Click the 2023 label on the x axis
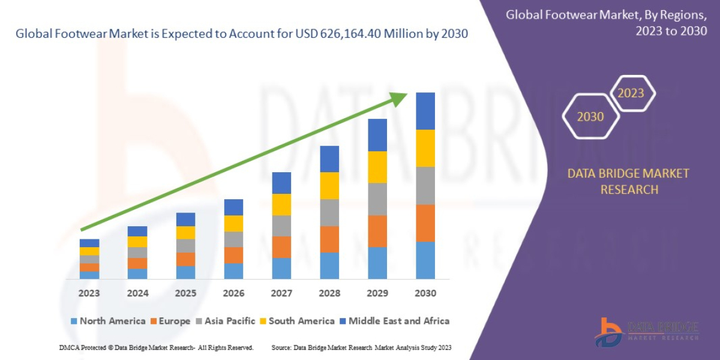pyautogui.click(x=89, y=293)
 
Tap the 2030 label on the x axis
pyautogui.click(x=425, y=293)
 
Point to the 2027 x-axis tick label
pyautogui.click(x=281, y=293)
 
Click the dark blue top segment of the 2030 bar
pyautogui.click(x=425, y=111)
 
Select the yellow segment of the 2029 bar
pyautogui.click(x=377, y=167)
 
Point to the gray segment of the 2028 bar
pyautogui.click(x=329, y=212)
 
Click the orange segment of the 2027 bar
pyautogui.click(x=281, y=247)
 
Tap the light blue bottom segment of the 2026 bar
pyautogui.click(x=233, y=271)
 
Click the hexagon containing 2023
pyautogui.click(x=631, y=93)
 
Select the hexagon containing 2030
pyautogui.click(x=590, y=116)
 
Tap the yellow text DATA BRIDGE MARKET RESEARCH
pyautogui.click(x=629, y=181)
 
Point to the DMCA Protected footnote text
pyautogui.click(x=156, y=348)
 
